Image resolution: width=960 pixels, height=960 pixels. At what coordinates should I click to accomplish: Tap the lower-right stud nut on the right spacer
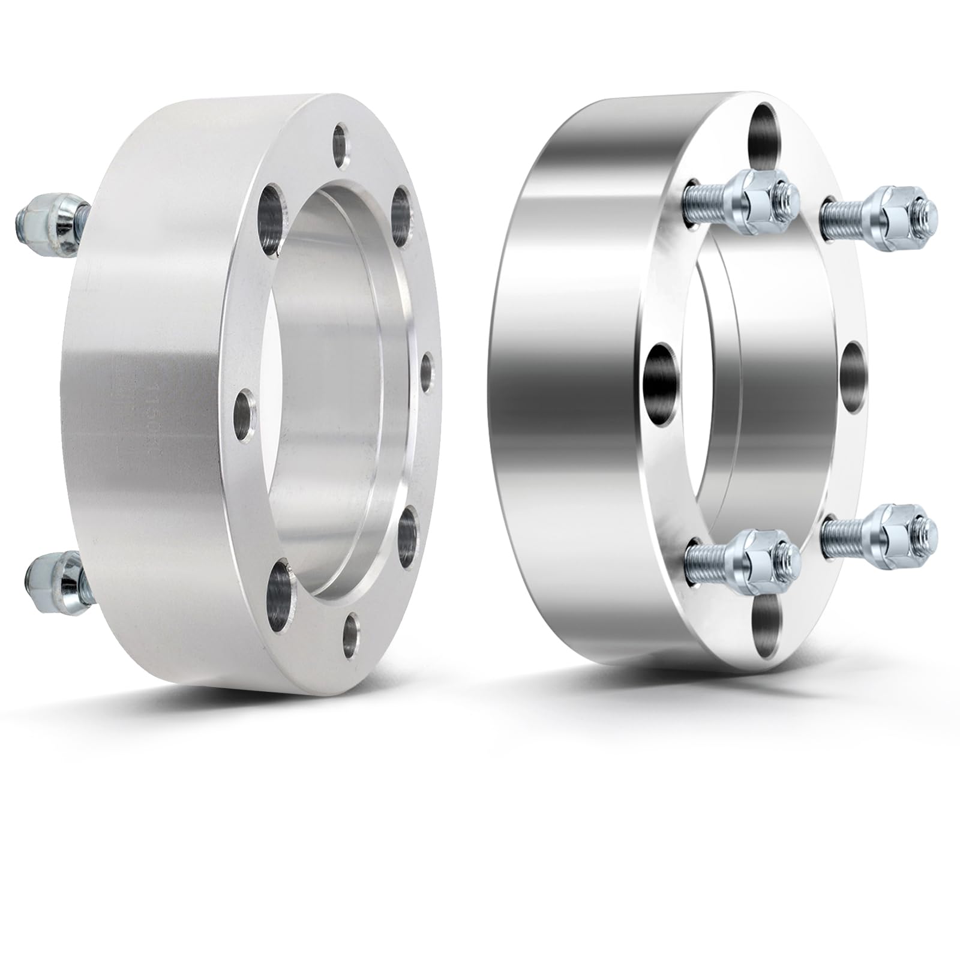pyautogui.click(x=900, y=526)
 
